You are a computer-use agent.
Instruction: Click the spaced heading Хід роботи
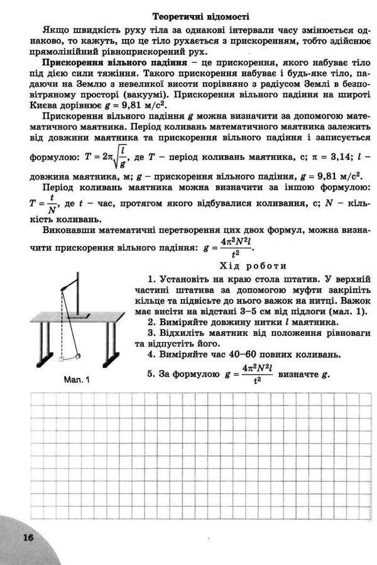click(x=254, y=265)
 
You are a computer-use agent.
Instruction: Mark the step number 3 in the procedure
click(x=151, y=333)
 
